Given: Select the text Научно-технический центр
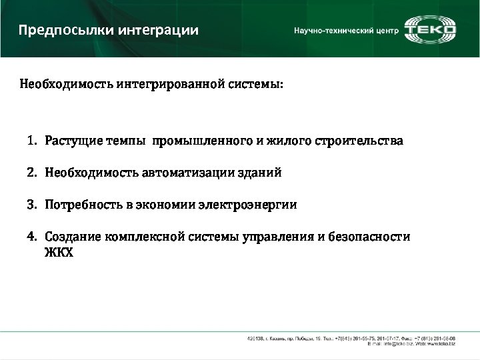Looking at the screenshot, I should (346, 31).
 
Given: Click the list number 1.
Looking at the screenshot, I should (31, 141).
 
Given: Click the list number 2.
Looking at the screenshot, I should (31, 173).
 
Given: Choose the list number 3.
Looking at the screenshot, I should (31, 205).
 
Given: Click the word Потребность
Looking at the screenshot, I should (84, 205).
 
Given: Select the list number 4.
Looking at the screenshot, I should (31, 237).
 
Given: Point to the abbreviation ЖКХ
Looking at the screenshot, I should (59, 253).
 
